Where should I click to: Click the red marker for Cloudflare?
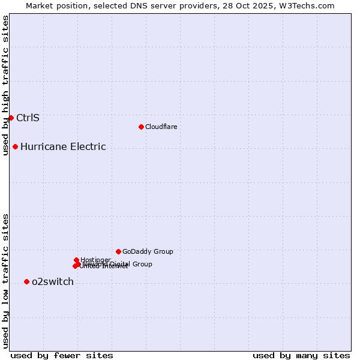(x=141, y=127)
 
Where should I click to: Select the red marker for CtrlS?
(x=11, y=118)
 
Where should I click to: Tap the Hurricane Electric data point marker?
(x=15, y=146)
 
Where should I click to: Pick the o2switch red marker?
(x=26, y=281)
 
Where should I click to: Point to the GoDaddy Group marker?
(x=118, y=251)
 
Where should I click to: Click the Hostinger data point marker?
(x=76, y=260)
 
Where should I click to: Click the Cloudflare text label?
(x=161, y=127)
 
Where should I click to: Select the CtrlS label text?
(x=28, y=118)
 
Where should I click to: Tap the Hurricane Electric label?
(x=63, y=146)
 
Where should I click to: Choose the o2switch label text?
(x=53, y=281)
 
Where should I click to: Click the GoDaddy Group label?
(x=148, y=251)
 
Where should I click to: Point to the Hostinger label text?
(x=95, y=260)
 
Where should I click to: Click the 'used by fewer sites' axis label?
(x=62, y=355)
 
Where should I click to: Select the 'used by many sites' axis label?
(x=301, y=355)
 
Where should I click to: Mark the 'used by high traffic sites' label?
(x=5, y=85)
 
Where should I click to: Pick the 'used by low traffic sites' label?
(x=5, y=280)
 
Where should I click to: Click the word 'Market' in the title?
(x=41, y=5)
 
